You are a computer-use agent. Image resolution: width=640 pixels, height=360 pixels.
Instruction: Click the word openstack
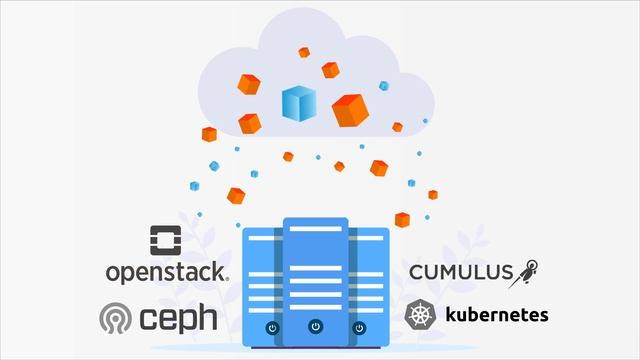167,271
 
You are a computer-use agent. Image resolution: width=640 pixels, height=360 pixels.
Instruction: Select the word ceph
179,318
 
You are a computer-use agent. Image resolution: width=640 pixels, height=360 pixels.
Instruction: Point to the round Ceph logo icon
115,319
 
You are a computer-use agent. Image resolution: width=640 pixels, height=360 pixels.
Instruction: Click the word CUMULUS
461,272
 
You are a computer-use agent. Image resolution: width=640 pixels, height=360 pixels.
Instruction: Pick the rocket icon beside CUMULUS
528,269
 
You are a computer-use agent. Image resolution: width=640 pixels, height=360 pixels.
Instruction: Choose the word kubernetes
496,315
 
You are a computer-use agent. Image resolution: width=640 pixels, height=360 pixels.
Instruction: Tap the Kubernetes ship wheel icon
419,315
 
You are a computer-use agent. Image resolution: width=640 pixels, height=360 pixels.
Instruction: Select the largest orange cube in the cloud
350,109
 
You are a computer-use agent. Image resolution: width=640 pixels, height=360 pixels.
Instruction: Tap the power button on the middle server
316,325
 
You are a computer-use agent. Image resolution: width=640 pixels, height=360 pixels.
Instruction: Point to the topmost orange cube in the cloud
304,52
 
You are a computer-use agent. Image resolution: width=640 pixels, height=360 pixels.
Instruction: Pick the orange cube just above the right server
402,219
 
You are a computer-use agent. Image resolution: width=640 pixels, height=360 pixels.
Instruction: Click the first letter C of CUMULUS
416,272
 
